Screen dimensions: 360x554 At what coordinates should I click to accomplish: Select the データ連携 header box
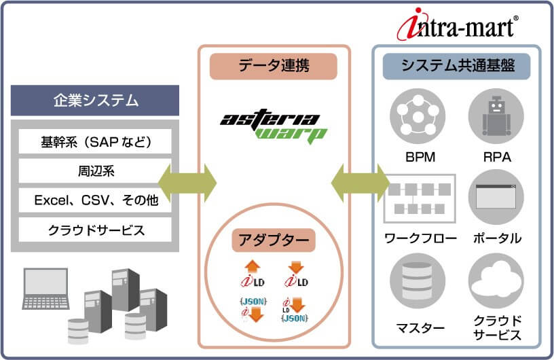click(274, 67)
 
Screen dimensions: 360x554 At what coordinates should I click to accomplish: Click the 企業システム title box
click(95, 101)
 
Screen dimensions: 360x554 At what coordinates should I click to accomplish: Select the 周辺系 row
click(95, 171)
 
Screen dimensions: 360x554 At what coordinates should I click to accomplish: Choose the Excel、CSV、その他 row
click(95, 200)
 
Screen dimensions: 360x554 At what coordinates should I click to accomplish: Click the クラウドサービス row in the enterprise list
click(95, 230)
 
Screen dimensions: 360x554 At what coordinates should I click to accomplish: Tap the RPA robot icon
click(496, 116)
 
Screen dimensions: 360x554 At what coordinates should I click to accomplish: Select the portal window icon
click(496, 196)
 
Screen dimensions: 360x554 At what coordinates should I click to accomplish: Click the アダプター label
click(274, 239)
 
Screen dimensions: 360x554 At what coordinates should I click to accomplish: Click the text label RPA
click(496, 158)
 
